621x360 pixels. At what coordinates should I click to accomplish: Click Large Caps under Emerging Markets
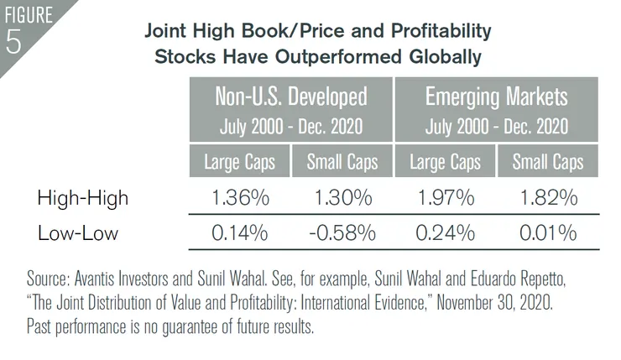click(444, 161)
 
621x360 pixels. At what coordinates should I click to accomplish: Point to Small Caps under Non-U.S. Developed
click(342, 161)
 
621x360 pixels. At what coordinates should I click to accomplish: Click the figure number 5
click(14, 43)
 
